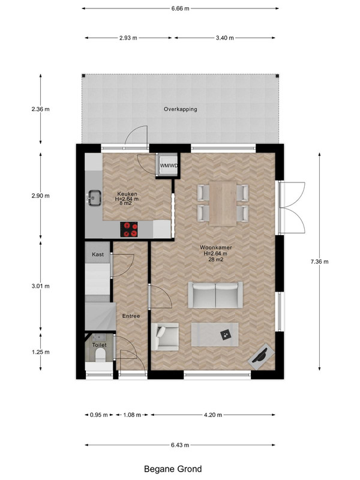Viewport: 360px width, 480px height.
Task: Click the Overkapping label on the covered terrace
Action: [181, 109]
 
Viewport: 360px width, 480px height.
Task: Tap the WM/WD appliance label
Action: [169, 166]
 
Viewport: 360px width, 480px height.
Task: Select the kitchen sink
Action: [95, 197]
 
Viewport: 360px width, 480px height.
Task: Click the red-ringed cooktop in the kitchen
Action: [129, 229]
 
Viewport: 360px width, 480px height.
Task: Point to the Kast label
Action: [98, 254]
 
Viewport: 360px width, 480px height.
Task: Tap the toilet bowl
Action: [100, 355]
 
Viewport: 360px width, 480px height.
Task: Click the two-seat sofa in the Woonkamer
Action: [215, 295]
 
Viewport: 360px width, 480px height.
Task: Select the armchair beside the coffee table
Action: [165, 337]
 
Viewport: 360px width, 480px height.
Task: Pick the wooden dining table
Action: [223, 203]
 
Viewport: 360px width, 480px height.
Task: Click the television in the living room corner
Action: [261, 356]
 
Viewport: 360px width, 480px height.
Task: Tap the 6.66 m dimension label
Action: [181, 8]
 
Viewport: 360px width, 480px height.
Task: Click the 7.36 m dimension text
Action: [320, 262]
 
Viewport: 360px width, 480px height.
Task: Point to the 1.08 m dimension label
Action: [132, 415]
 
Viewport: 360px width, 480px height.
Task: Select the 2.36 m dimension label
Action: [40, 109]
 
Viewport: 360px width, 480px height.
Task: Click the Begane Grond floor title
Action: [173, 469]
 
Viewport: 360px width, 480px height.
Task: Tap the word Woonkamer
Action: [216, 247]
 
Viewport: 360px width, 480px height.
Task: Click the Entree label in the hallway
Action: [131, 316]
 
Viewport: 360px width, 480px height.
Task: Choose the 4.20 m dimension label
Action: [213, 415]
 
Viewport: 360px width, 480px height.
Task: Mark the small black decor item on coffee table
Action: [226, 335]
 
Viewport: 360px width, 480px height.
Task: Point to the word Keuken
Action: [127, 194]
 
